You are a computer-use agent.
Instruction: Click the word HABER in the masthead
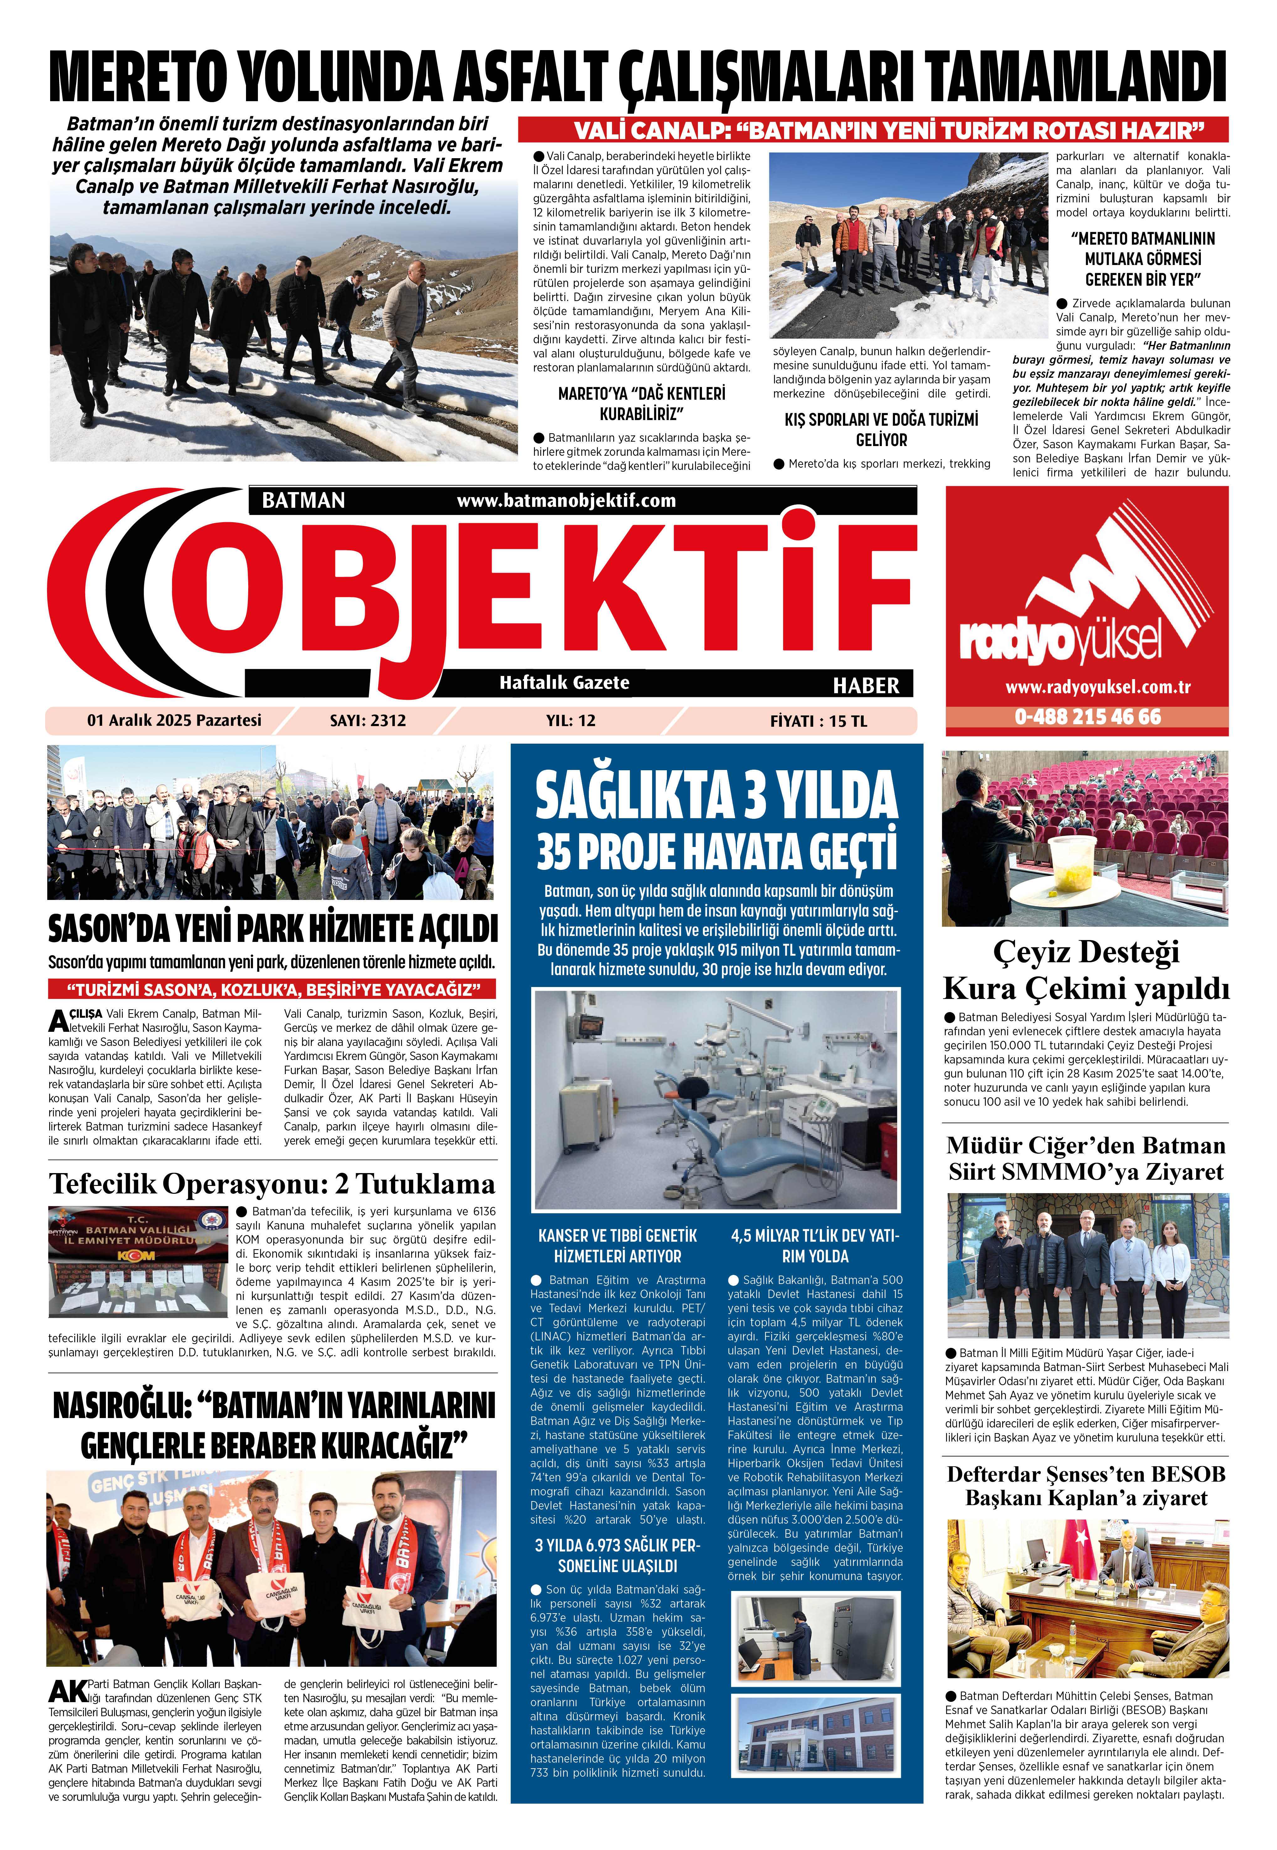click(866, 685)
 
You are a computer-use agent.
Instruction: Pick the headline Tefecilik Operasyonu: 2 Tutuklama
click(272, 1183)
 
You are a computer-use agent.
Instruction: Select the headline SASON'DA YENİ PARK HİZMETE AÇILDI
click(272, 928)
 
